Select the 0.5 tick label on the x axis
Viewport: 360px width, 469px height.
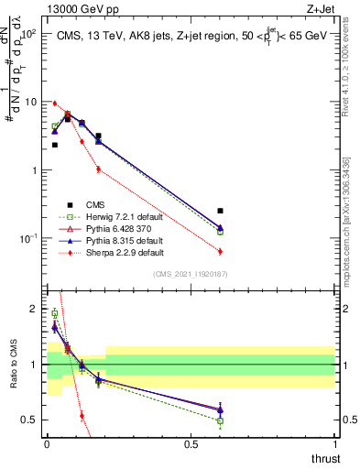click(x=191, y=442)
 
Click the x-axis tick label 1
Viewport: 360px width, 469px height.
click(x=334, y=442)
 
